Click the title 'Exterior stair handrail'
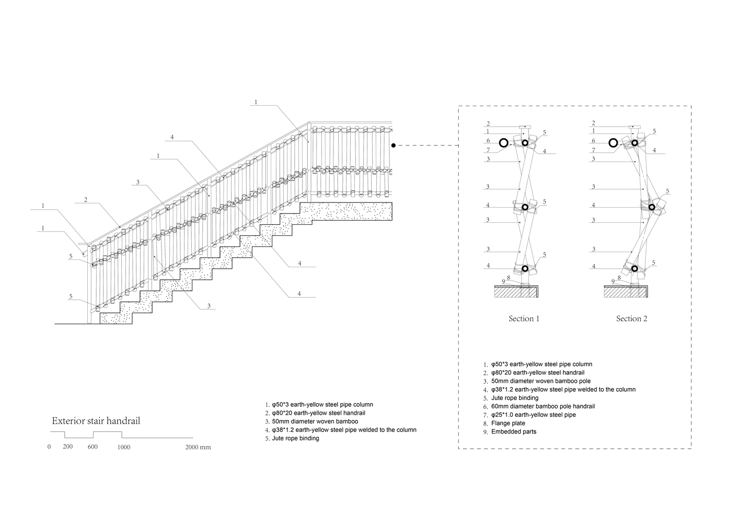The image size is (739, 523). pos(96,421)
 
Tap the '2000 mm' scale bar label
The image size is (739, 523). pos(198,447)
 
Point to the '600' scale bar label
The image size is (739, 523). pos(93,447)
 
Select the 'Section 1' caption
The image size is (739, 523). pos(524,319)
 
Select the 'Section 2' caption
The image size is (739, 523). pos(632,319)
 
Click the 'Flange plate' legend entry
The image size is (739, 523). pos(508,423)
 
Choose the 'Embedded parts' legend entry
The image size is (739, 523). pos(514,431)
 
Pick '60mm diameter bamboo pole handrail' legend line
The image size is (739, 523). pos(542,406)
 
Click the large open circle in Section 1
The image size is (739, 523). pos(504,142)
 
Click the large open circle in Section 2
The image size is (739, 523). pos(613,142)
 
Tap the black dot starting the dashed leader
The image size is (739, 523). pos(393,145)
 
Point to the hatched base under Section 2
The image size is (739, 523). pos(627,292)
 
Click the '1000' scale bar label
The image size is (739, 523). pos(124,447)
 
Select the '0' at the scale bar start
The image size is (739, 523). pos(49,447)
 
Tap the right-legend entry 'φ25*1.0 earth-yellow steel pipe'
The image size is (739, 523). pos(533,415)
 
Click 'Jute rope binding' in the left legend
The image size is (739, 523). pos(295,438)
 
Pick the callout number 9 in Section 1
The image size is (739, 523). pos(503,281)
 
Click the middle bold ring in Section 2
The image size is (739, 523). pos(652,207)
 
